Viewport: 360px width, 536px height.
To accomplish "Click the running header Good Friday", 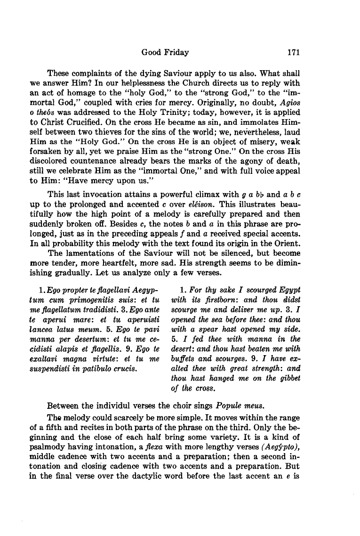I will pyautogui.click(x=165, y=52).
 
